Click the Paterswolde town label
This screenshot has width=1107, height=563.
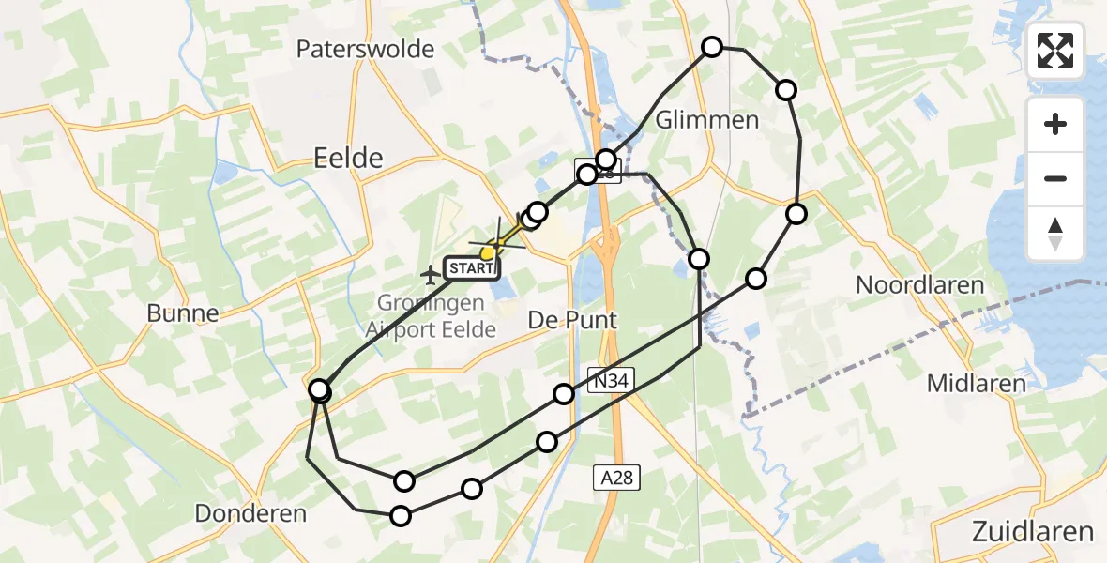click(x=366, y=49)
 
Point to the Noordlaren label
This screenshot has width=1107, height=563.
click(x=919, y=285)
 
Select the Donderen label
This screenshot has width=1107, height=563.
click(x=250, y=513)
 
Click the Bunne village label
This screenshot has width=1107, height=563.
click(x=183, y=312)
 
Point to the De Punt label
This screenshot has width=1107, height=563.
click(x=573, y=320)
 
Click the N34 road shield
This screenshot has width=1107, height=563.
click(x=613, y=379)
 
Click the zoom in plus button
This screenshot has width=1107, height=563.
click(x=1055, y=124)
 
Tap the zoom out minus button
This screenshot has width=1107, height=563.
click(x=1055, y=178)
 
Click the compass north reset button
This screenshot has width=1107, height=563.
click(x=1055, y=233)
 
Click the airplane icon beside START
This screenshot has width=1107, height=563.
click(x=431, y=274)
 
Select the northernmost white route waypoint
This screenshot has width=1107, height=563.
click(x=713, y=47)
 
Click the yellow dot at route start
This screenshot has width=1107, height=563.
click(x=488, y=251)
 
